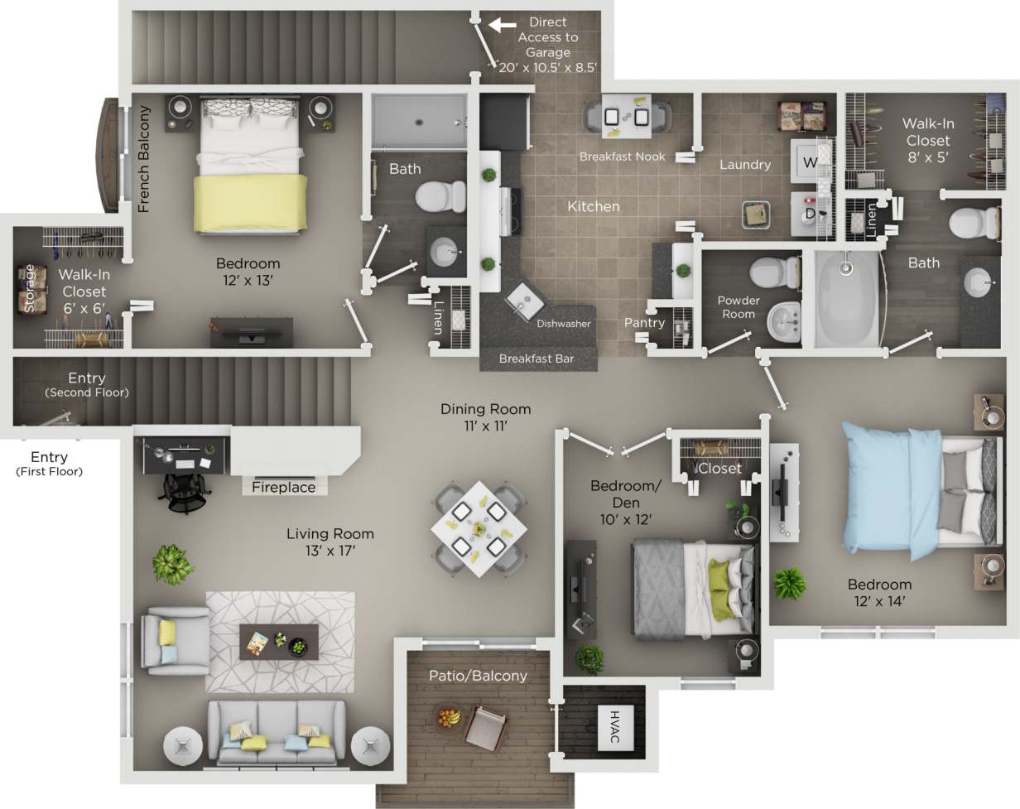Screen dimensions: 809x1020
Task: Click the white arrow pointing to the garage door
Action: coord(502,25)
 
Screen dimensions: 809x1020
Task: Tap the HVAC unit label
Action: coord(614,725)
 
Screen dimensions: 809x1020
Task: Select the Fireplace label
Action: coord(283,487)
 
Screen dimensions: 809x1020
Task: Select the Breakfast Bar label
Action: coord(536,359)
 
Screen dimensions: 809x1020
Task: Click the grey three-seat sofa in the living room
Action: coord(277,733)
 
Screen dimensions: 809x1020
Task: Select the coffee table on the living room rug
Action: coord(278,641)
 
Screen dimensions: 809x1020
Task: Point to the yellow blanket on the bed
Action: coord(248,202)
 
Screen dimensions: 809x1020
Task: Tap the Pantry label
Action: coord(644,323)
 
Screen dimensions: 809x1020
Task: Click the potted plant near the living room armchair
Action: coord(173,564)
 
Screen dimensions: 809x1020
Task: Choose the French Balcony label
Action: coord(144,159)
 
